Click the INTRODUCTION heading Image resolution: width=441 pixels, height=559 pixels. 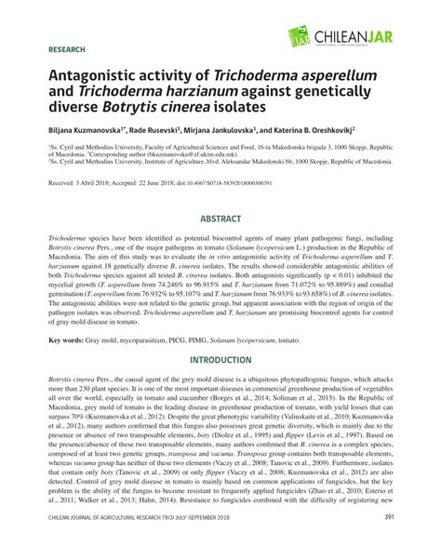pos(220,333)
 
